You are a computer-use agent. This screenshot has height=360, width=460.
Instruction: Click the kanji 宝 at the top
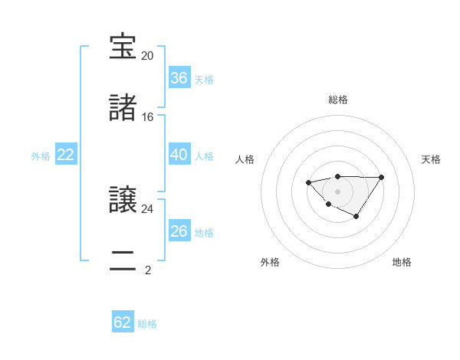click(x=123, y=47)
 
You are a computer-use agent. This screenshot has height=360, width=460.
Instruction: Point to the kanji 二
click(x=123, y=261)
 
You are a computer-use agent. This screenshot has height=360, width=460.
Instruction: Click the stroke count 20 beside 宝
click(x=148, y=56)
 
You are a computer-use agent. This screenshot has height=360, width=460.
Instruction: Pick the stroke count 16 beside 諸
click(x=148, y=117)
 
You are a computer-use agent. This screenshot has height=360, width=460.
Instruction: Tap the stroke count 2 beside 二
click(x=148, y=270)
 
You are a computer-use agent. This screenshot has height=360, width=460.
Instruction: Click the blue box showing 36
click(x=179, y=78)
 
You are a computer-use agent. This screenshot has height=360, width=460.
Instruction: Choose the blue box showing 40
click(x=179, y=155)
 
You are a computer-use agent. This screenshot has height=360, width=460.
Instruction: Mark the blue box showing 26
click(x=179, y=231)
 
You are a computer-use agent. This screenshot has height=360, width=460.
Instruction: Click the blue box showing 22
click(x=66, y=155)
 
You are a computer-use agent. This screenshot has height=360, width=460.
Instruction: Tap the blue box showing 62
click(x=123, y=322)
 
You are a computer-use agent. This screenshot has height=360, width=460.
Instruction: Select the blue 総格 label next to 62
click(x=147, y=324)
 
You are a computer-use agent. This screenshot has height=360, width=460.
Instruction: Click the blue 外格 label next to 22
click(x=41, y=156)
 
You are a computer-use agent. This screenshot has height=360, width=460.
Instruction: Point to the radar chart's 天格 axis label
click(x=431, y=159)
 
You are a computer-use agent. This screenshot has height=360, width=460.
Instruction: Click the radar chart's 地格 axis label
click(x=402, y=262)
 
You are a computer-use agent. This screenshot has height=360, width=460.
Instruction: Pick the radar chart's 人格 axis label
click(x=245, y=159)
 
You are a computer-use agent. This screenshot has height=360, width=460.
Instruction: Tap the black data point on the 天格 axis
click(x=382, y=177)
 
